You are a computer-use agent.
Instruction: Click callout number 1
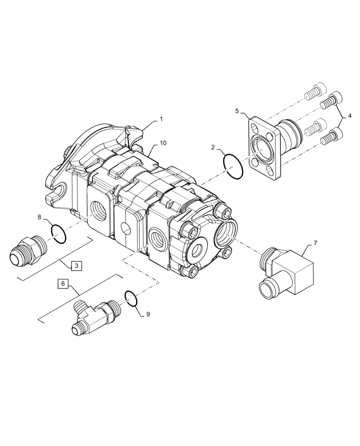tap(161, 120)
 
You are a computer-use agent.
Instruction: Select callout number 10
tap(164, 143)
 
